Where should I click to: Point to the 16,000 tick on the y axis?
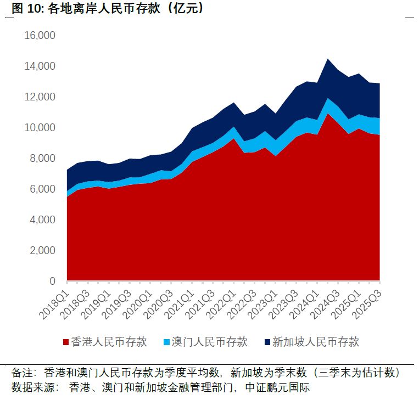(40, 36)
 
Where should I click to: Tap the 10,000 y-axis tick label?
(40, 128)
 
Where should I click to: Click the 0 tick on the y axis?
(52, 281)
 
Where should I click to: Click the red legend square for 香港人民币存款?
(66, 342)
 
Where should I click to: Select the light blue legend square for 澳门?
(165, 342)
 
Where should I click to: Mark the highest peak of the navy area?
(328, 59)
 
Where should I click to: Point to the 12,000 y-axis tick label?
(40, 97)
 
